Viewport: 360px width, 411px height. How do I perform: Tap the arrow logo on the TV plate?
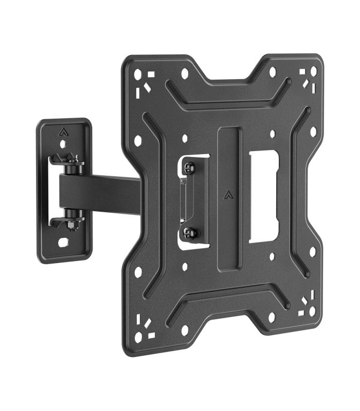[x=228, y=194]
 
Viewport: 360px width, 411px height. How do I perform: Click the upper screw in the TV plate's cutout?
[x=190, y=167]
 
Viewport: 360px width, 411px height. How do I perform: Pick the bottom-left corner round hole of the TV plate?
[x=138, y=337]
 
